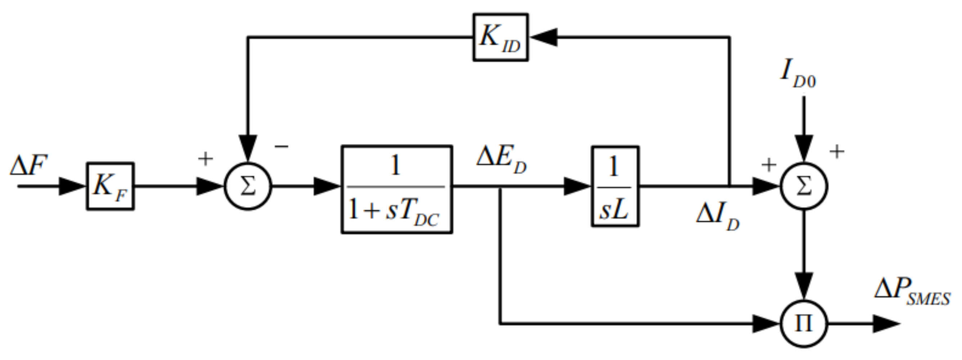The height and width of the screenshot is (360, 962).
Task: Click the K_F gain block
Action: (110, 186)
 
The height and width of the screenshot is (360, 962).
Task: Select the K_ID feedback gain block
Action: (500, 37)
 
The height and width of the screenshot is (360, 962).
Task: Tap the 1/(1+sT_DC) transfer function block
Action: (397, 189)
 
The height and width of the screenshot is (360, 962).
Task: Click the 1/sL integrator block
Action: (615, 186)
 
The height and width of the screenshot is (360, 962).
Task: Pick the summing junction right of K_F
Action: (248, 186)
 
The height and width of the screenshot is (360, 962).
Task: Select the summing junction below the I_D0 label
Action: (804, 186)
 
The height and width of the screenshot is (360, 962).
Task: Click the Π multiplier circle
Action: (804, 323)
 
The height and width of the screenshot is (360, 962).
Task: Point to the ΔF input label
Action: (29, 166)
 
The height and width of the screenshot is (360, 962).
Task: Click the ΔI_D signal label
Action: (717, 219)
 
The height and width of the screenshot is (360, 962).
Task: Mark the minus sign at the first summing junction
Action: (281, 147)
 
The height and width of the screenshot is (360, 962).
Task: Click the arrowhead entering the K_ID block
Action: (544, 37)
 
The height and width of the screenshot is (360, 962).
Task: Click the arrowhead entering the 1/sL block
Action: (577, 186)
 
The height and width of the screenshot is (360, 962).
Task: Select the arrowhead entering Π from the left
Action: (765, 323)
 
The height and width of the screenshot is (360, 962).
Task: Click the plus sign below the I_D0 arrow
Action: (837, 152)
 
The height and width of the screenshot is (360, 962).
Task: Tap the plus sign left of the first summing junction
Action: (205, 159)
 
